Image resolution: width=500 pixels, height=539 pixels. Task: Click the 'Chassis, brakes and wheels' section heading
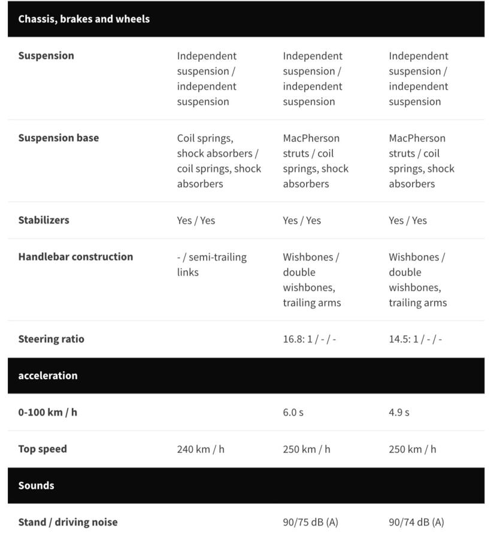click(x=84, y=19)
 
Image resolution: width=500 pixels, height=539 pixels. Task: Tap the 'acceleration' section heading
click(x=48, y=376)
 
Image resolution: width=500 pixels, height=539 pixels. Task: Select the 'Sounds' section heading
click(x=36, y=485)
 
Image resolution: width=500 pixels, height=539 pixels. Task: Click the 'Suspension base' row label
click(x=59, y=138)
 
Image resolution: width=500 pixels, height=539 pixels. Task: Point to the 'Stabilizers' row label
click(x=44, y=220)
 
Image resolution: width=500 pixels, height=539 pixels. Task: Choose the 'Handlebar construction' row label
click(x=75, y=257)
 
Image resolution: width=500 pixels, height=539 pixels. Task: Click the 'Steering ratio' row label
click(x=51, y=339)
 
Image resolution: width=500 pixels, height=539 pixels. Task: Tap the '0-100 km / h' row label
click(x=47, y=412)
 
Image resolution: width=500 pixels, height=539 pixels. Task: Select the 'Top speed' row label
click(x=43, y=449)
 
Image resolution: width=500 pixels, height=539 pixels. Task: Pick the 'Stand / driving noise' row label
click(x=68, y=522)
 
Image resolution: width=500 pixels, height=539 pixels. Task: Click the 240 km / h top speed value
click(x=201, y=449)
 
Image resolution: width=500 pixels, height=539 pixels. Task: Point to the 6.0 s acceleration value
click(x=293, y=413)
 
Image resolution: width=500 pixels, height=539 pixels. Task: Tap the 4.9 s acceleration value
click(x=399, y=413)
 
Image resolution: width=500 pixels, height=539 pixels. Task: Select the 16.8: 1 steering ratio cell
click(x=309, y=340)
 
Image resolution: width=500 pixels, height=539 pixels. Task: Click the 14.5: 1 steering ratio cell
click(x=415, y=340)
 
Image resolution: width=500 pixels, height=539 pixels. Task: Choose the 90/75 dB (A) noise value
click(x=310, y=522)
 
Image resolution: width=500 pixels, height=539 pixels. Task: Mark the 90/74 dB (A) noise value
click(x=416, y=522)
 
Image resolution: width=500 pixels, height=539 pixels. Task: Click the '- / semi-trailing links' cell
click(x=211, y=265)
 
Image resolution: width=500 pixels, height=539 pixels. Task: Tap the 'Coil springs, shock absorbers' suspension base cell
click(x=219, y=161)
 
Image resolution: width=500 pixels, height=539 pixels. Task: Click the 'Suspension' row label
click(x=46, y=56)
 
